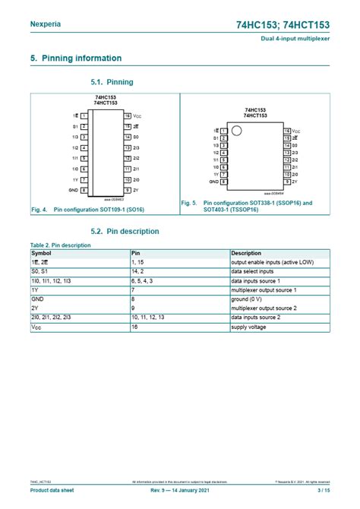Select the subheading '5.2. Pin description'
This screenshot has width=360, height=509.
click(x=125, y=231)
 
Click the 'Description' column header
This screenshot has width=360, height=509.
click(x=247, y=252)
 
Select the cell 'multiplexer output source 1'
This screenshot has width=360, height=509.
click(x=264, y=289)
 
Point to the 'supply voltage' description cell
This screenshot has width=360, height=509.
click(x=249, y=327)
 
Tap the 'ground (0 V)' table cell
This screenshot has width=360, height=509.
click(x=248, y=299)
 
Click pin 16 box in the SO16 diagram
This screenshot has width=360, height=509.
click(x=128, y=115)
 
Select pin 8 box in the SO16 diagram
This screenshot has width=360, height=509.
click(x=84, y=190)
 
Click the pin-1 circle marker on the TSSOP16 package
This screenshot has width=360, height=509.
click(x=236, y=131)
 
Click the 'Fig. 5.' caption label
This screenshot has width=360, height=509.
click(x=189, y=203)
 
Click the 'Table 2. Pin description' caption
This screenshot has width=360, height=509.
click(x=60, y=245)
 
